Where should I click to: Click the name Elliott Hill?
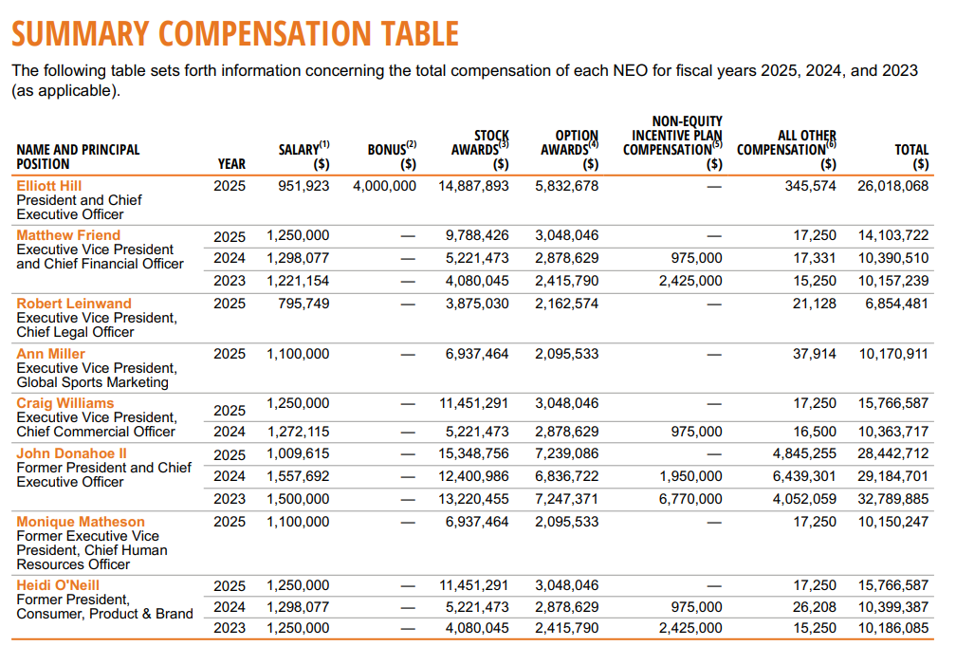[x=49, y=186]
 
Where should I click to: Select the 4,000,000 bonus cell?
[x=384, y=186]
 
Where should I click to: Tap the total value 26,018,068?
[x=892, y=186]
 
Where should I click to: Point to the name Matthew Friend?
[x=68, y=235]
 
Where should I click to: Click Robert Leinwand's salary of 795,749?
[x=304, y=304]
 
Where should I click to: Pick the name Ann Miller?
[x=50, y=354]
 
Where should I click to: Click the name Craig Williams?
[x=64, y=403]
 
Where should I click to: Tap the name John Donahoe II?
[x=71, y=453]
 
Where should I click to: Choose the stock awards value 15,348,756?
[x=473, y=453]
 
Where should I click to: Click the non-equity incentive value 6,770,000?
[x=690, y=499]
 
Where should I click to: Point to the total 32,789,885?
[x=892, y=499]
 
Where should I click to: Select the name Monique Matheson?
[x=81, y=522]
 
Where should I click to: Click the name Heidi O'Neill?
[x=58, y=585]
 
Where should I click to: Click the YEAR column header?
[x=231, y=163]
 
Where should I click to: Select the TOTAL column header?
[x=911, y=156]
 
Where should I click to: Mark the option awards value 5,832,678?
[x=566, y=186]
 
